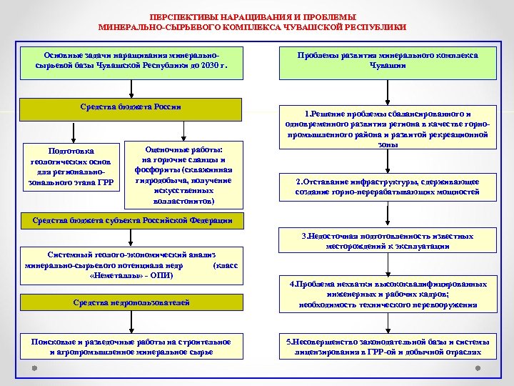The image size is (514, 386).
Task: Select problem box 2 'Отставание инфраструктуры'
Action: coord(388,187)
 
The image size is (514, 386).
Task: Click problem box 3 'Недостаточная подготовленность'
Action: coord(388,241)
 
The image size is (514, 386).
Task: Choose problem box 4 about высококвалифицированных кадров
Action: coord(388,294)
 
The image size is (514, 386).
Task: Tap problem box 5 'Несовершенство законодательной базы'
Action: coord(388,347)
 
